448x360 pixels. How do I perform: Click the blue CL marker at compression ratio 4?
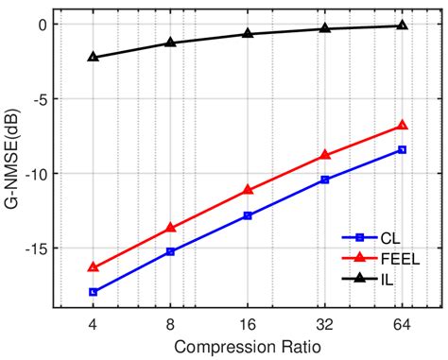(x=93, y=292)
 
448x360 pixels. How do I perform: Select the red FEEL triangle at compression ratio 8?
(x=170, y=227)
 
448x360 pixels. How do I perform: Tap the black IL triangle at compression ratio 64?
(x=402, y=25)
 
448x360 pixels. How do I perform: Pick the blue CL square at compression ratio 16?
(x=248, y=215)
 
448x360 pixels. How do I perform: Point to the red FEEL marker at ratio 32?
(x=325, y=155)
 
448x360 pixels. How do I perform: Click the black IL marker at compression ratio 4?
(x=93, y=57)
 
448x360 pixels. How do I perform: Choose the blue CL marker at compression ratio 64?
(x=402, y=149)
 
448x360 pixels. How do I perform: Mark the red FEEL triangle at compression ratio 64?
(x=402, y=125)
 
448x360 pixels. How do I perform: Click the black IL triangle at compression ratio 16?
(x=248, y=33)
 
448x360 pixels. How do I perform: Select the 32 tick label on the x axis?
(x=325, y=324)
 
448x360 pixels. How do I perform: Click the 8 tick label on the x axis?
(x=170, y=324)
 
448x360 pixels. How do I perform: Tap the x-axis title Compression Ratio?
(x=248, y=347)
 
